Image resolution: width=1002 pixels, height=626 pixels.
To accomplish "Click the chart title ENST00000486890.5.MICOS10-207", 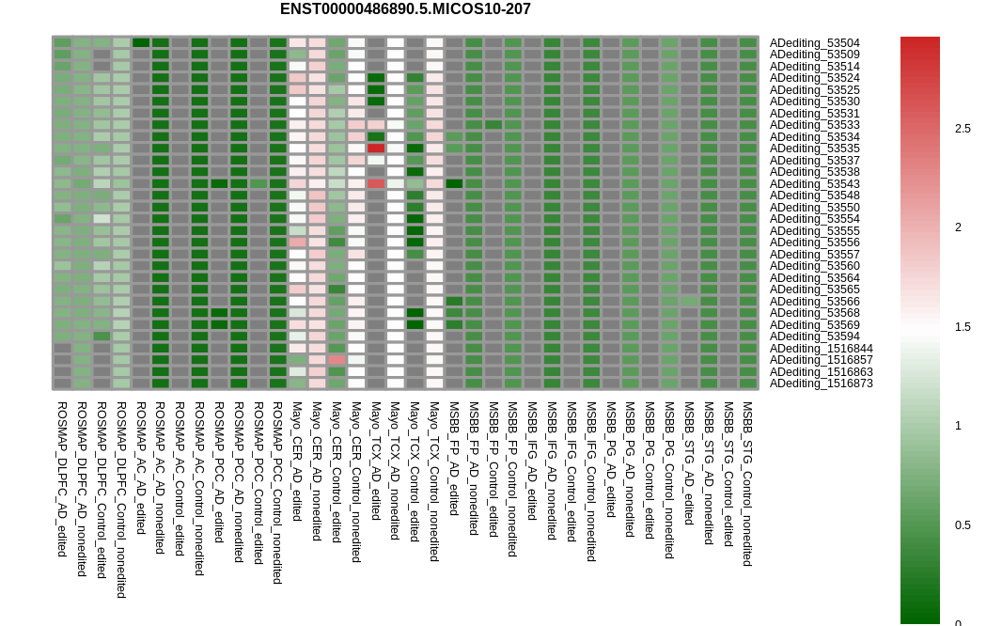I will [405, 9].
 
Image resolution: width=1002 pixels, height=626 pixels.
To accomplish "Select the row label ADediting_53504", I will [814, 43].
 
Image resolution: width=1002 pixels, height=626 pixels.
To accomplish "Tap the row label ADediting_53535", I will [814, 149].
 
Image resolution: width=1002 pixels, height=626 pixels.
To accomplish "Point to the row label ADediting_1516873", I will [821, 383].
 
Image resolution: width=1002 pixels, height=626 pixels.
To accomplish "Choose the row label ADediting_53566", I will [814, 302].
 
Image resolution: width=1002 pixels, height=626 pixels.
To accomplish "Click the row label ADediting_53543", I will [814, 184].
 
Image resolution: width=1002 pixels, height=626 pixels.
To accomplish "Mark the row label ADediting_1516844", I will [821, 349].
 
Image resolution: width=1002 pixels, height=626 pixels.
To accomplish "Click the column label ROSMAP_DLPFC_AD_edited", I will [62, 479].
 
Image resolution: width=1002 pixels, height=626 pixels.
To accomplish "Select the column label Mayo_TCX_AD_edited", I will [376, 462].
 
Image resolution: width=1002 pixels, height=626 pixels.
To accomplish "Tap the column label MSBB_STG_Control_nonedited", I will [748, 484].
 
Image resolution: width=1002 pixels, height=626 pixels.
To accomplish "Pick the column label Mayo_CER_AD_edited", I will [297, 462].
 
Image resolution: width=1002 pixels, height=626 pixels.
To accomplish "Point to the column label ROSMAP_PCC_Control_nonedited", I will [277, 493].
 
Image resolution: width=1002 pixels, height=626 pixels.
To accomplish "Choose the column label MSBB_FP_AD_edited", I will [454, 459].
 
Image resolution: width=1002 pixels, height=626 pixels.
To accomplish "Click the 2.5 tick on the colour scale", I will [963, 129].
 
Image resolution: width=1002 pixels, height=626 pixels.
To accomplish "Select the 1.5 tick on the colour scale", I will [963, 327].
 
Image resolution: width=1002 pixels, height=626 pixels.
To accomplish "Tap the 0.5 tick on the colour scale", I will [963, 525].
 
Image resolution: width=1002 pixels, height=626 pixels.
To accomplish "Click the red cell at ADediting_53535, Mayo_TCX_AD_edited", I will [376, 149].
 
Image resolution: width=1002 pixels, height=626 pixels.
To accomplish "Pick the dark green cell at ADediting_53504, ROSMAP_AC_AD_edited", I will [141, 43].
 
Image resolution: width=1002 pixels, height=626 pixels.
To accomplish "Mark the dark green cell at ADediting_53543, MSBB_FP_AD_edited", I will [454, 184].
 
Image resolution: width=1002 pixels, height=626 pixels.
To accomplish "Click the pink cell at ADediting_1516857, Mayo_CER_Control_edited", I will [337, 360].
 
